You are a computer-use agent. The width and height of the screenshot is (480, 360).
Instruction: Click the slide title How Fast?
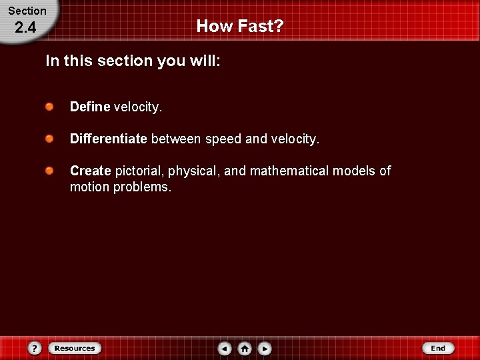[240, 26]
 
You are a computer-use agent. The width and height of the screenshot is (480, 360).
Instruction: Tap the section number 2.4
[25, 28]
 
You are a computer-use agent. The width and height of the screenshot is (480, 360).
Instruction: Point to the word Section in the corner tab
[27, 11]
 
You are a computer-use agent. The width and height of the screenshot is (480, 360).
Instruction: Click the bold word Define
[90, 107]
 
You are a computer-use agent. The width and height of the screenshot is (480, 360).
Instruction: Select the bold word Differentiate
[108, 139]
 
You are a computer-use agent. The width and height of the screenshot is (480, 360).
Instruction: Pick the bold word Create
[90, 171]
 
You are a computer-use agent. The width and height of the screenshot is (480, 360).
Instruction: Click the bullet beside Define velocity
[50, 107]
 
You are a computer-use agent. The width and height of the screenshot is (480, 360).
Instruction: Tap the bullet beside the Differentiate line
[50, 139]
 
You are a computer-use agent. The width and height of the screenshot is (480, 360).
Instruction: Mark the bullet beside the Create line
[50, 171]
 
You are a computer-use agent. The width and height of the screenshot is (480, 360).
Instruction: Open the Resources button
[75, 348]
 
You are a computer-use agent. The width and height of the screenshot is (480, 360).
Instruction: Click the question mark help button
[35, 348]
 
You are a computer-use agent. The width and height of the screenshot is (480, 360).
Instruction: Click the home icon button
[245, 348]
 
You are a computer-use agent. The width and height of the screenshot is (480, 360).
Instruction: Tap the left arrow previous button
[225, 348]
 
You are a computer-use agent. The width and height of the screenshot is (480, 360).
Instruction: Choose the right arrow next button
[265, 348]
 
